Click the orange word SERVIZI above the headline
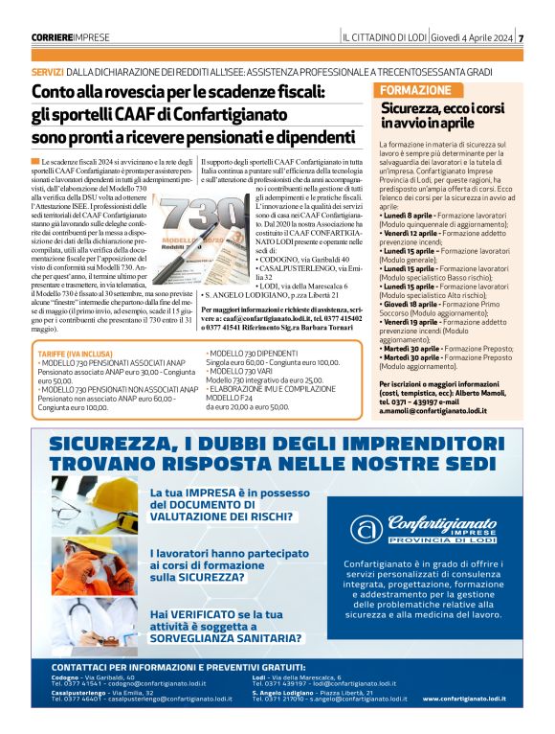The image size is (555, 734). pyautogui.click(x=47, y=72)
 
